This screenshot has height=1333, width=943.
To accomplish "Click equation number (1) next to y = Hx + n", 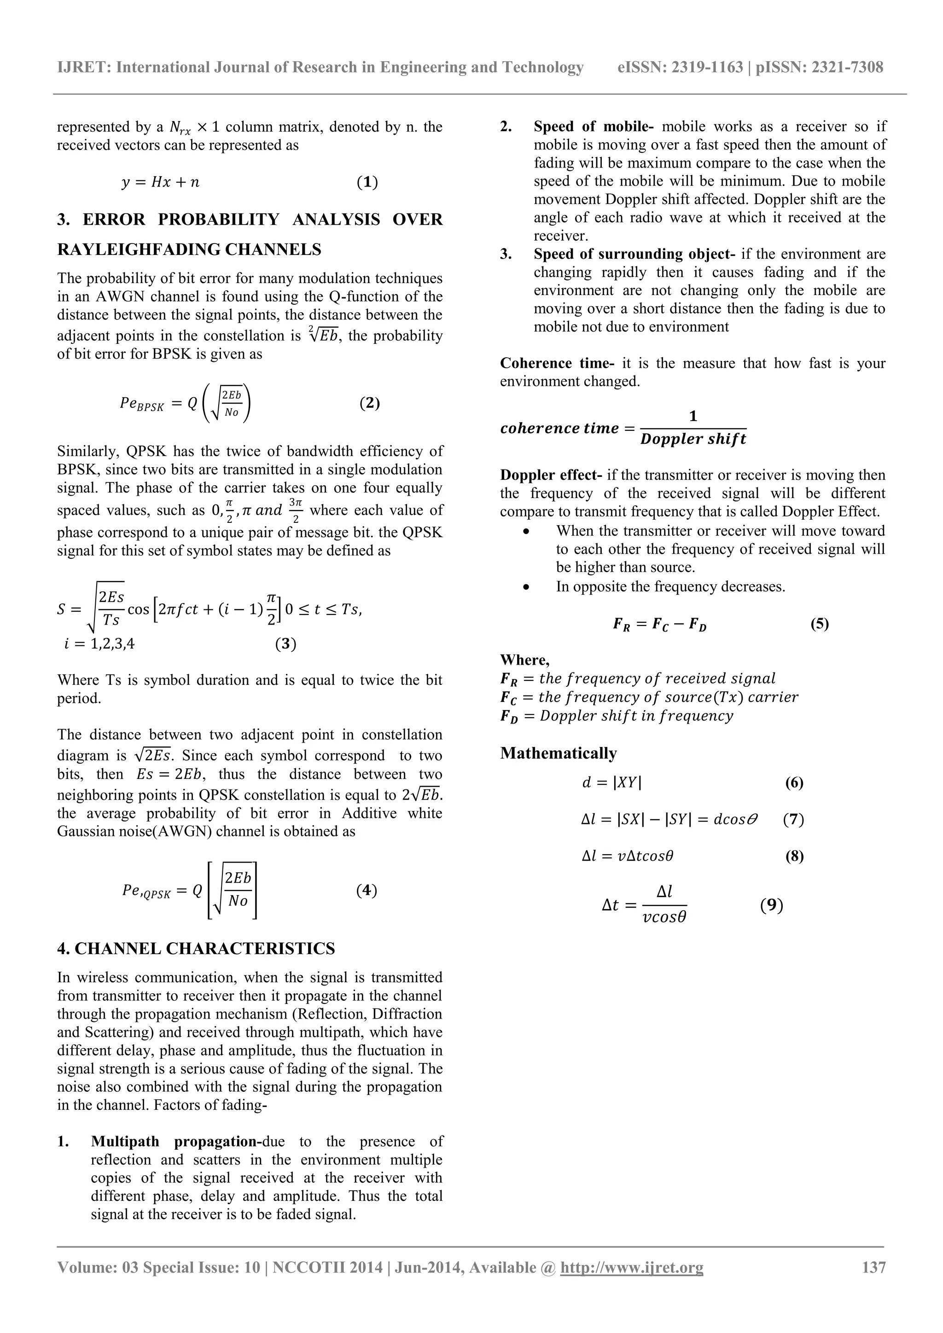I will [367, 182].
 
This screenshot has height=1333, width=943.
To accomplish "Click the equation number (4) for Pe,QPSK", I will [367, 890].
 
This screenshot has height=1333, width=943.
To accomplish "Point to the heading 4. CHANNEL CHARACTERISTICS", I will [196, 949].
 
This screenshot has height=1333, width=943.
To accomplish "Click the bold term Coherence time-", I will [557, 364].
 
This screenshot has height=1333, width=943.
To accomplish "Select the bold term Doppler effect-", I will [551, 475].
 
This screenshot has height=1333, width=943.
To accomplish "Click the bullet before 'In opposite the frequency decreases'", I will [526, 587].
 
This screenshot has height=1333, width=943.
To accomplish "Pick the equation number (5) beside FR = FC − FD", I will [819, 624].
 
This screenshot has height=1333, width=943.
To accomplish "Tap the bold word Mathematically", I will [559, 753].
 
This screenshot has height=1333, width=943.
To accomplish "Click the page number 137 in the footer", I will [874, 1267].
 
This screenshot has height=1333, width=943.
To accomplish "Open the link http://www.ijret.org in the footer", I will [631, 1267].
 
